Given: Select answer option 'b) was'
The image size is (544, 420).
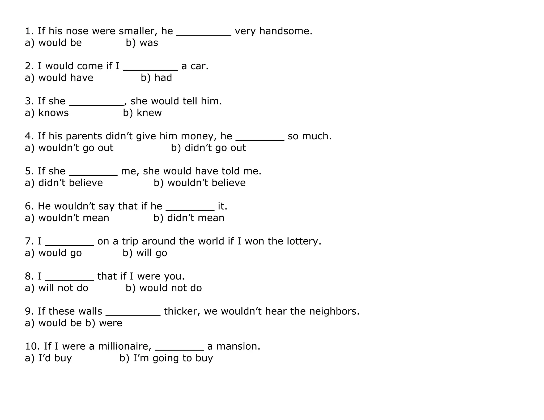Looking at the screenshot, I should (x=142, y=43).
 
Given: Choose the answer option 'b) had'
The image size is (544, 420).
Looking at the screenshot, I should (x=156, y=78).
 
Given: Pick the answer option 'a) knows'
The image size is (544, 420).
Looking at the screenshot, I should (x=47, y=113).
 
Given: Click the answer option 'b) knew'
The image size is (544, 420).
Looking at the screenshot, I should (x=142, y=113).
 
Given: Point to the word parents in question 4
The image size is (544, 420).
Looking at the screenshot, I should (x=83, y=136).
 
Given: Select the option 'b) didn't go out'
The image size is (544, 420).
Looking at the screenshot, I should (x=208, y=148).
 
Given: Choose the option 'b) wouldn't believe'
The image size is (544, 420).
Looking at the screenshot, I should (x=199, y=183).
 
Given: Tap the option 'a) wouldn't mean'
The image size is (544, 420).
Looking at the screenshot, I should (x=67, y=218).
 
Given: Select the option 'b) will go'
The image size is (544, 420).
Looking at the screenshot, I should (x=145, y=253).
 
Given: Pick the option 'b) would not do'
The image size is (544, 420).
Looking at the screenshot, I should (x=164, y=288).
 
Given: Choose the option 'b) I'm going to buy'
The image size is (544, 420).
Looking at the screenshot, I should (x=166, y=358).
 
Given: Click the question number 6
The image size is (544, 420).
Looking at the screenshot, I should (x=28, y=206).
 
